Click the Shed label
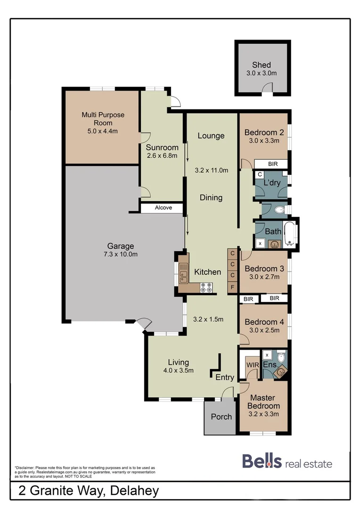coord(262,65)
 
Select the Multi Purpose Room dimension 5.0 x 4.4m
coord(103,131)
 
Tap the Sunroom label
coord(162,147)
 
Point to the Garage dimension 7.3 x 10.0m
coord(120,254)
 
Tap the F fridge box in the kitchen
coord(232,287)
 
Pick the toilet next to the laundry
coord(279,209)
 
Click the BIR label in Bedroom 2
coord(272,164)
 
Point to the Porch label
coord(221,417)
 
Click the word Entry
coord(225,377)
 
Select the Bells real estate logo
coord(287,461)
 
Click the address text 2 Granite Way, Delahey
coord(89,491)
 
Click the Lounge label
coord(211,136)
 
